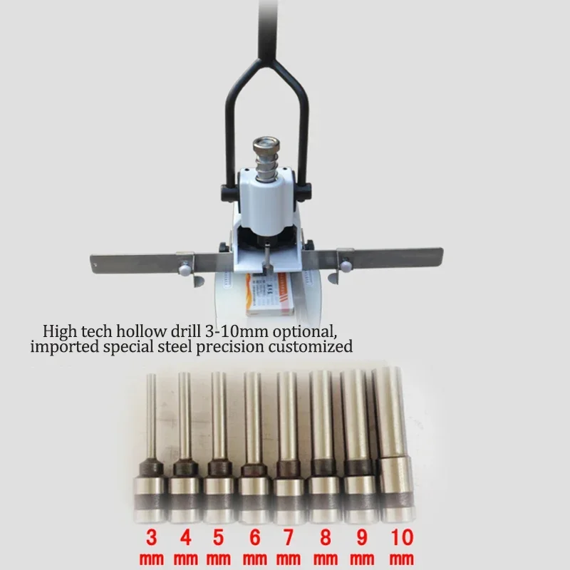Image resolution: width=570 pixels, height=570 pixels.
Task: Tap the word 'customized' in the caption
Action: point(317,348)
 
